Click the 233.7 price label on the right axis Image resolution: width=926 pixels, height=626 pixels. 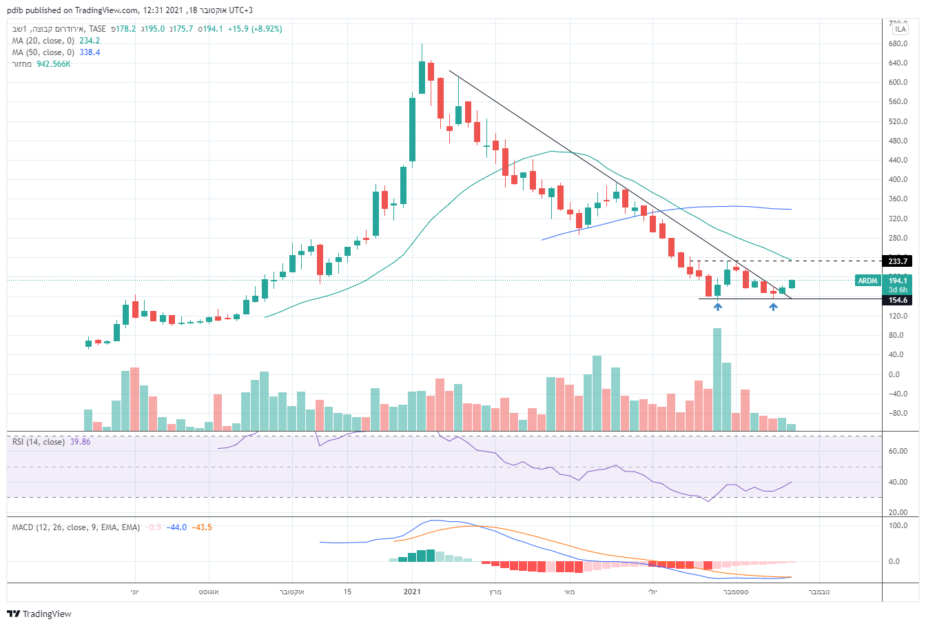click(898, 261)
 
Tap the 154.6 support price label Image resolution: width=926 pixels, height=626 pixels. click(898, 300)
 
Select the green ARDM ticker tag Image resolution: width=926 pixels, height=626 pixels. click(867, 281)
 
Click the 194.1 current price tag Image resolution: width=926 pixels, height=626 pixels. click(898, 281)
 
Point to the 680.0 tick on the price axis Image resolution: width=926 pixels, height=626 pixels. click(898, 43)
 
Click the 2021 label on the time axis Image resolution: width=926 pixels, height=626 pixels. click(412, 592)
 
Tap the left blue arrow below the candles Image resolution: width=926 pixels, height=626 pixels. click(718, 307)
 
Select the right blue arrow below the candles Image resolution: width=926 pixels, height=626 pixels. click(773, 307)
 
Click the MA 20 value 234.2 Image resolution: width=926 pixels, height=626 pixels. click(90, 41)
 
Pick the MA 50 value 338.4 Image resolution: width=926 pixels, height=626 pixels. click(90, 52)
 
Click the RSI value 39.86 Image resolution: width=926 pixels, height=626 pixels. click(80, 442)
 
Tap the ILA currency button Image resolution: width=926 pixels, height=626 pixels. click(900, 29)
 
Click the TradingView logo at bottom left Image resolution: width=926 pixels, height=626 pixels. click(40, 614)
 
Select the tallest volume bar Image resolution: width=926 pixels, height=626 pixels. click(717, 379)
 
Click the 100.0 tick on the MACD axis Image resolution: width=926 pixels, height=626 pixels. click(898, 525)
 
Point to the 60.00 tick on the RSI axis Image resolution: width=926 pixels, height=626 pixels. click(898, 452)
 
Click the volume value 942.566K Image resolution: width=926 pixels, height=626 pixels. click(54, 64)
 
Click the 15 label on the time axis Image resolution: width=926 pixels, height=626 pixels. click(347, 592)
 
